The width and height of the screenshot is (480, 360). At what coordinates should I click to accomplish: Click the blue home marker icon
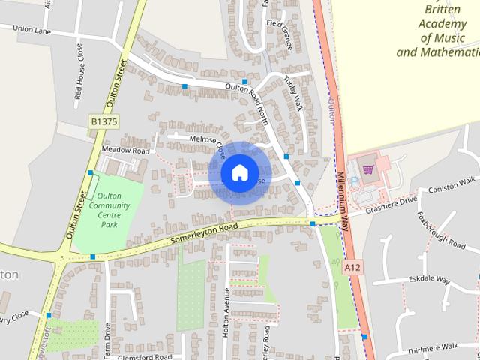[238, 172]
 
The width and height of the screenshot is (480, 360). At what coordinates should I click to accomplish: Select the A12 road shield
[352, 266]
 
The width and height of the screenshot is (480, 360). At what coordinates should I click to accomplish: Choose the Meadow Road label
[121, 148]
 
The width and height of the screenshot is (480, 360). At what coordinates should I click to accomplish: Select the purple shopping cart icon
[368, 169]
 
